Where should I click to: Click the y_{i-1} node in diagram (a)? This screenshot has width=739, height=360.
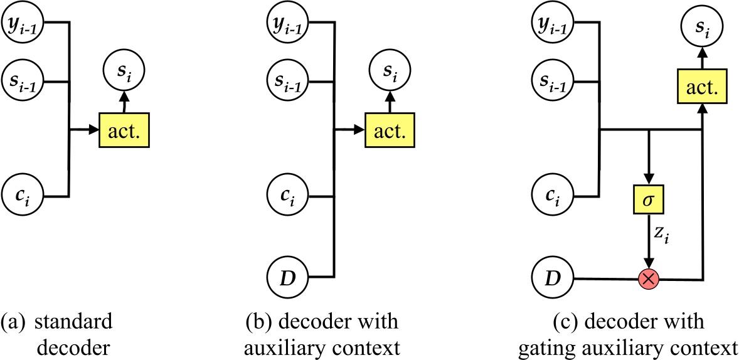point(23,23)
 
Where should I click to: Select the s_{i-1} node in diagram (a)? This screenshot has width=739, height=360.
point(23,82)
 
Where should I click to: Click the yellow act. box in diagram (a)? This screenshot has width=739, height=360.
point(125,131)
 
